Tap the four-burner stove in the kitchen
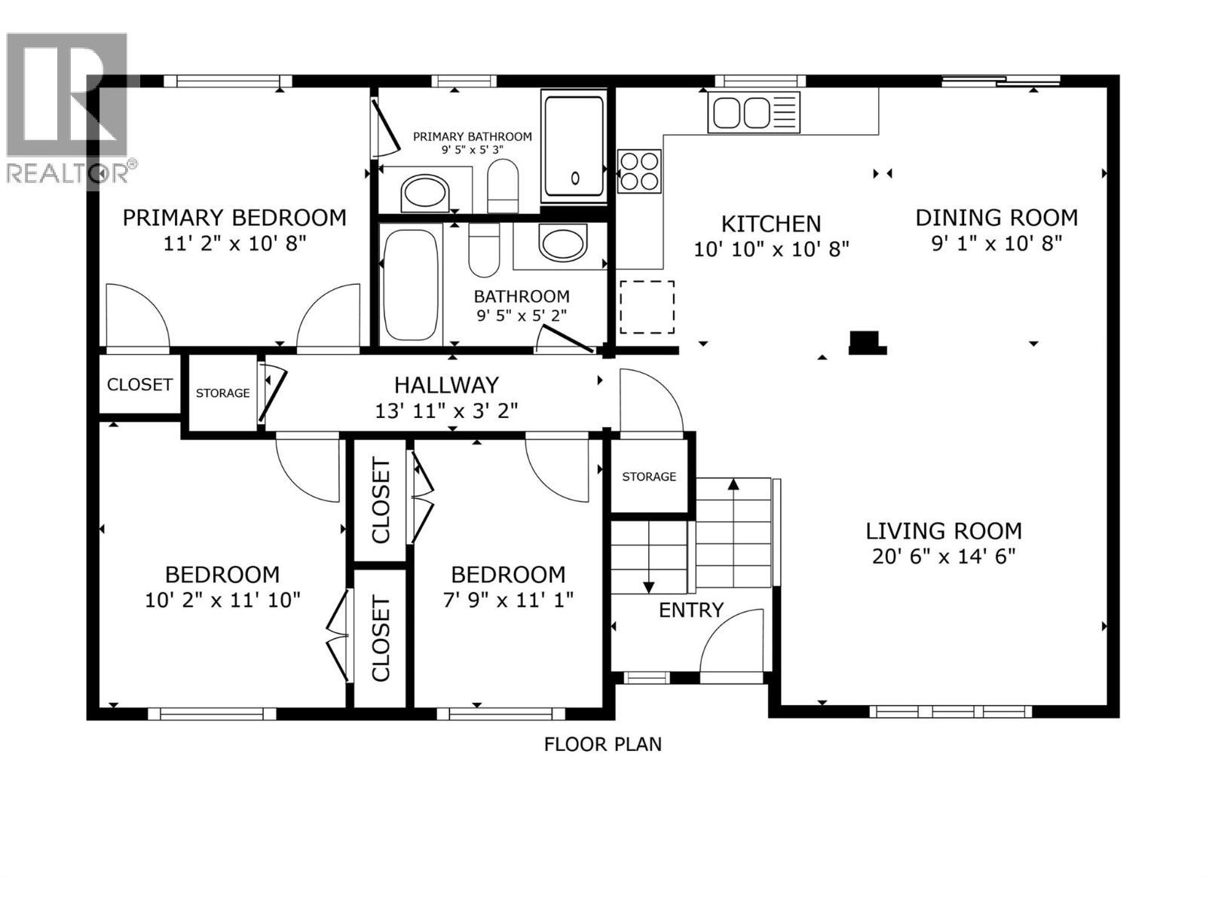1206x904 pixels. tap(639, 171)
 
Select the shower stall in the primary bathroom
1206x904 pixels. tap(574, 146)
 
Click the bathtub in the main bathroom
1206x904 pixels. tap(410, 286)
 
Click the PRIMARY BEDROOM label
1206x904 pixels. tap(234, 218)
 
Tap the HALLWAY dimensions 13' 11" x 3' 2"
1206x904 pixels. tap(446, 411)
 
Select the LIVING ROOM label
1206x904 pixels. tap(943, 531)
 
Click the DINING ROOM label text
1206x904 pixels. tap(996, 218)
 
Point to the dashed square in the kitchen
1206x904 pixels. tap(647, 307)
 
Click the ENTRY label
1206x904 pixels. tap(690, 610)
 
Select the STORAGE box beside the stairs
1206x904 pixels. tap(649, 476)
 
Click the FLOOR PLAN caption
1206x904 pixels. tap(602, 744)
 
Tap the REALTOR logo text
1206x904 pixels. tap(68, 173)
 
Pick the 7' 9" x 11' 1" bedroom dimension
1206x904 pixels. tap(508, 600)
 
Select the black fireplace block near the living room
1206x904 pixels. tap(867, 342)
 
